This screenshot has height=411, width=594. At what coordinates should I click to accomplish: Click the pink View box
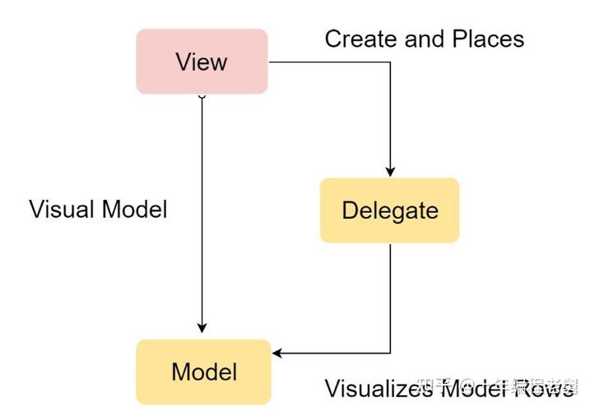(x=202, y=62)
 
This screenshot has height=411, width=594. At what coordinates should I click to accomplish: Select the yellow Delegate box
(x=389, y=210)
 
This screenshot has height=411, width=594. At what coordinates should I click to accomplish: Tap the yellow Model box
(x=203, y=372)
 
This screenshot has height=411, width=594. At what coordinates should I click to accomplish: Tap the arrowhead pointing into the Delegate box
(x=390, y=172)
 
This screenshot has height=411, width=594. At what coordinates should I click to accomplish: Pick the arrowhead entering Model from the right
(x=277, y=353)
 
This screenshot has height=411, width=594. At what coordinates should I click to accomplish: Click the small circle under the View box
(x=202, y=96)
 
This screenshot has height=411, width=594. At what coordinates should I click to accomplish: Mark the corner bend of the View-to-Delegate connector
(x=390, y=62)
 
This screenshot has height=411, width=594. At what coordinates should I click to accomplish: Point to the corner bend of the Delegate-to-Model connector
(x=390, y=353)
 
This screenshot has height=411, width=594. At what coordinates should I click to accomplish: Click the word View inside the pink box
(x=202, y=62)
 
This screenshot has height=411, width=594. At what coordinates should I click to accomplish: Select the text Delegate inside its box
(x=389, y=210)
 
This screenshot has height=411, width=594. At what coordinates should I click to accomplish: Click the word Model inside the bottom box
(x=203, y=372)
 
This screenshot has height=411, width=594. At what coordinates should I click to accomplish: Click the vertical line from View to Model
(x=202, y=214)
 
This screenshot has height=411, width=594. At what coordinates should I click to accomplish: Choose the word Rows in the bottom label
(x=543, y=388)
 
